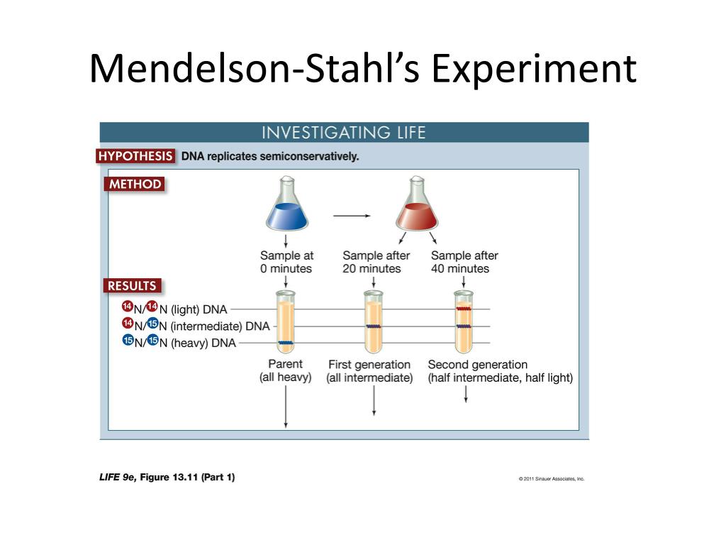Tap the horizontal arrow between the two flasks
point(352,216)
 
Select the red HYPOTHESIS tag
point(135,156)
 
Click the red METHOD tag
point(135,184)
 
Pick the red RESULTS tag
point(133,285)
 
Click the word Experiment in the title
point(534,70)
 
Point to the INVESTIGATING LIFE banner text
point(344,133)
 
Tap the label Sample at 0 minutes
point(286,262)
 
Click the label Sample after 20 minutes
point(376,262)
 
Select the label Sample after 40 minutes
point(464,262)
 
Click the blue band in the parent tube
point(286,343)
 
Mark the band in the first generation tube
point(374,326)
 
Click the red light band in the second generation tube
point(464,308)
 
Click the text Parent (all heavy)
point(285,370)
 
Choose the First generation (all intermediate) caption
point(369,371)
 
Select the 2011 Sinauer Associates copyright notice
point(552,479)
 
